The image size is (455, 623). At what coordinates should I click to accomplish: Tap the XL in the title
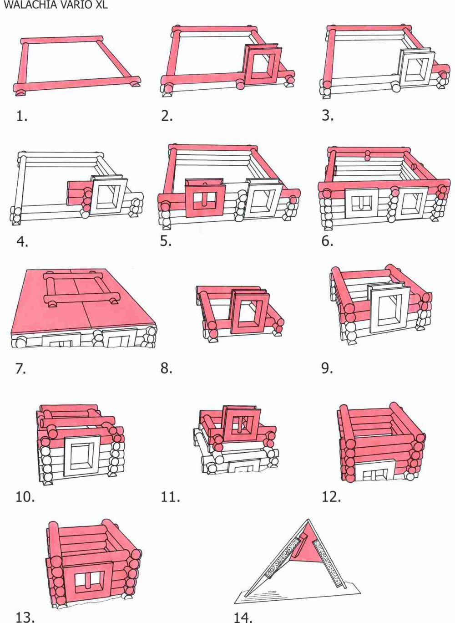(101, 5)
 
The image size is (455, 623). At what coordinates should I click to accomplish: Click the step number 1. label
(22, 116)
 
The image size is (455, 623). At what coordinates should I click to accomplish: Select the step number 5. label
(166, 241)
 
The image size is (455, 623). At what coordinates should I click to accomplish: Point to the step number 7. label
(21, 368)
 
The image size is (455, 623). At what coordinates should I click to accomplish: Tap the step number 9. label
(327, 368)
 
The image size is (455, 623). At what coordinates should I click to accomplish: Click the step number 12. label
(331, 497)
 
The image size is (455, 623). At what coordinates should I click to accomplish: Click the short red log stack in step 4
(79, 194)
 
